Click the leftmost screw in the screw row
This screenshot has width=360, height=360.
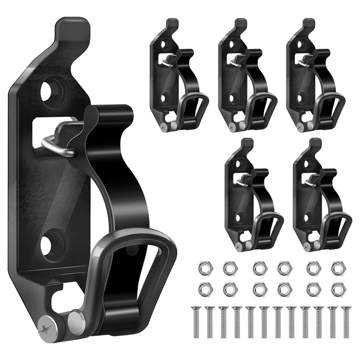[x=194, y=321]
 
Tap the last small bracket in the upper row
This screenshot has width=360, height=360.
[x=313, y=76]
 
